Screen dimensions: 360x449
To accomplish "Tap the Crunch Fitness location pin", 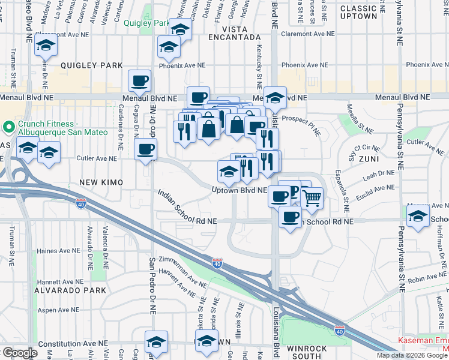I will tap(8, 127).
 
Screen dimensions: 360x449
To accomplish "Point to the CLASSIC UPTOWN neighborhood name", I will tap(358, 13).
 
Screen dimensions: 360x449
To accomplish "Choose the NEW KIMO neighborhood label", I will tap(100, 182).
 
